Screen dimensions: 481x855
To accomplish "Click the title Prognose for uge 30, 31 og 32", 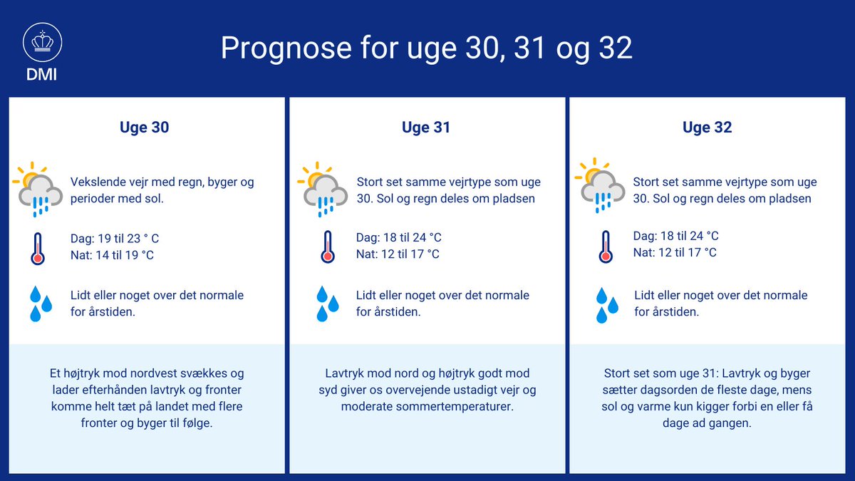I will click(426, 48).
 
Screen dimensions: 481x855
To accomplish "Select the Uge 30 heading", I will click(145, 128).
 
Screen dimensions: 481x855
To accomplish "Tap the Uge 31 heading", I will click(426, 128).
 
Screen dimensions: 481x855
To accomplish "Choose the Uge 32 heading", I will click(707, 128).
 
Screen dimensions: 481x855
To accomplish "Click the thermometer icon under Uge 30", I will click(38, 247).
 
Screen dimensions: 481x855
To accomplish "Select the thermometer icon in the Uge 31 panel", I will click(328, 246).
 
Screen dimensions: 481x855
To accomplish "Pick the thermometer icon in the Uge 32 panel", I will click(606, 246).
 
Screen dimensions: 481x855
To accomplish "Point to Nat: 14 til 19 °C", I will click(112, 254).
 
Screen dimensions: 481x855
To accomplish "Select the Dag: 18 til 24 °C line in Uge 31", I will click(399, 237).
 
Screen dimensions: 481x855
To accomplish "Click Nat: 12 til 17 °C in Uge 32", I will click(675, 252).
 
